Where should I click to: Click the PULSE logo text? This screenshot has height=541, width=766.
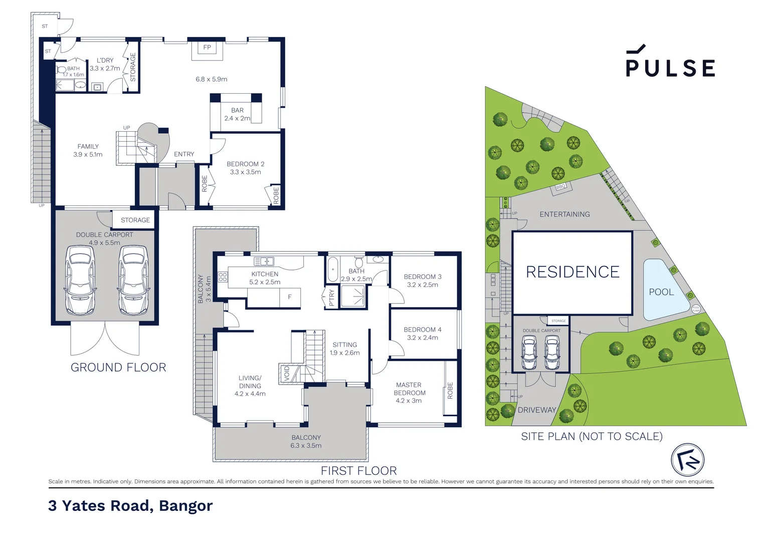(670, 68)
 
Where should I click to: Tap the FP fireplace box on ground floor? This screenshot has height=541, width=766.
(207, 48)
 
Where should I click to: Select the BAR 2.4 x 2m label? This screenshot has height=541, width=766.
(237, 114)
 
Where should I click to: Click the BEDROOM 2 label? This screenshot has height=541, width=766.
(245, 164)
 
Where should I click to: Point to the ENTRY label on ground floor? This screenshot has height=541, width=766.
(184, 154)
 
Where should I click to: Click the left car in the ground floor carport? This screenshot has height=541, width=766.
(80, 281)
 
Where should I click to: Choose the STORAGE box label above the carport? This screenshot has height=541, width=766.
(135, 220)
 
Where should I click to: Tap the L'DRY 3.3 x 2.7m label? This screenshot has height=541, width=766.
(105, 64)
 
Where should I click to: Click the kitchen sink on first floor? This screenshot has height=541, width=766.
(264, 261)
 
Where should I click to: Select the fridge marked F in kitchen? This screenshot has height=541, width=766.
(290, 297)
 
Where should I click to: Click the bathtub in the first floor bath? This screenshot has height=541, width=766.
(332, 269)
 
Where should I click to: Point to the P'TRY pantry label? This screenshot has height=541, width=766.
(331, 298)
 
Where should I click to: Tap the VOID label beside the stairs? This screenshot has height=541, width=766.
(287, 373)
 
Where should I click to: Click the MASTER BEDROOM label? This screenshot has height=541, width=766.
(409, 389)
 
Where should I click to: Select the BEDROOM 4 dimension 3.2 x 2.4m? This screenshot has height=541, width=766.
(422, 338)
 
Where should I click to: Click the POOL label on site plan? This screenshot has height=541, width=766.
(661, 292)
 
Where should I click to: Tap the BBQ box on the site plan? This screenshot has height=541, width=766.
(560, 186)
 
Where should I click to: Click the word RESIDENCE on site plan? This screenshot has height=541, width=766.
(572, 272)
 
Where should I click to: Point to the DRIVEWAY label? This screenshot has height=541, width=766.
(537, 410)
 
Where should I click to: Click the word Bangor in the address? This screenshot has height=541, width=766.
(185, 506)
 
